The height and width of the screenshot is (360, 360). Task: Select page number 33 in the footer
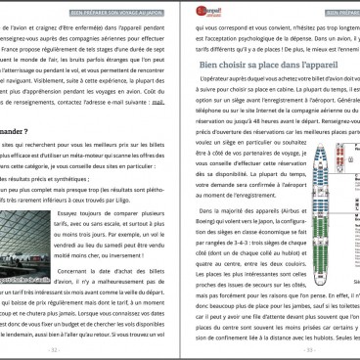click(273, 347)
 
